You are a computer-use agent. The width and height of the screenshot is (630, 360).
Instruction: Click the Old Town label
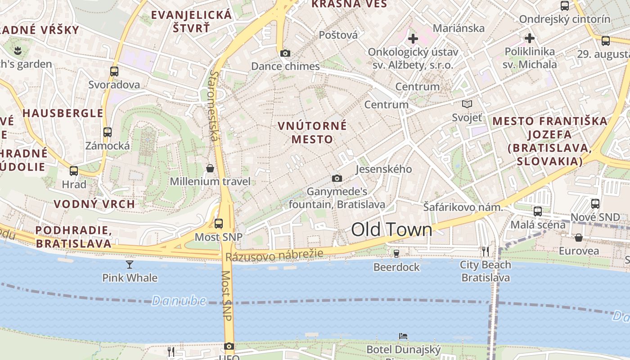pos(391,230)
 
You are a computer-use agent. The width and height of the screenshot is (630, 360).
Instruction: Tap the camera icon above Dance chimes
pos(285,54)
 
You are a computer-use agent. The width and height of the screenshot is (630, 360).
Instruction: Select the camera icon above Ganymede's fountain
pos(337,179)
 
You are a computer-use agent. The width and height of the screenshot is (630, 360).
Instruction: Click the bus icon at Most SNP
pos(219,223)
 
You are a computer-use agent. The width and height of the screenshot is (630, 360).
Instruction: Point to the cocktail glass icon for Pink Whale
pos(130,264)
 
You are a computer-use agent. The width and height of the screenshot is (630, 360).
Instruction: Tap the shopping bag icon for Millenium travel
pos(210,168)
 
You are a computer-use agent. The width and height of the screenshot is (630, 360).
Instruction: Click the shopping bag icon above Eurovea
pos(578,237)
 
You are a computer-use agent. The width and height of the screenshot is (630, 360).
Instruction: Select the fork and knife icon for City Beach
pos(485,251)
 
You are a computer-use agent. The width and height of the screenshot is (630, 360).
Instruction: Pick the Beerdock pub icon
pos(396,254)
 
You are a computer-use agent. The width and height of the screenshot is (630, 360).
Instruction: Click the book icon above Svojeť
pos(467,104)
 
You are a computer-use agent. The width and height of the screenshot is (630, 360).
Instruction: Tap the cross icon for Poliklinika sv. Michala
pos(530,38)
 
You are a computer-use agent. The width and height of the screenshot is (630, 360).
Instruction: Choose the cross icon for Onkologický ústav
pos(413,39)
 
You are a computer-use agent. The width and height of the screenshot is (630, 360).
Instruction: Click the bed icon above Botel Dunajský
pos(403,336)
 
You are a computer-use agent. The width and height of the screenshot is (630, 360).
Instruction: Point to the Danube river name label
pos(179,301)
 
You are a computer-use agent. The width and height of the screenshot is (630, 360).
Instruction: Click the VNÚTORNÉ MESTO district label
pos(312,132)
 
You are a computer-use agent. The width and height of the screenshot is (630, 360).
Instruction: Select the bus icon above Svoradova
pos(114,71)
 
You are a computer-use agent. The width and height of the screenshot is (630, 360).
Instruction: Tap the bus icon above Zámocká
pos(107,132)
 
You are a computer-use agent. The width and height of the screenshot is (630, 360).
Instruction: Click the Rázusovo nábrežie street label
pos(274,255)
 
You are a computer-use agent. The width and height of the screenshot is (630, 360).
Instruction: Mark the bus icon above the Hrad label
pos(74,171)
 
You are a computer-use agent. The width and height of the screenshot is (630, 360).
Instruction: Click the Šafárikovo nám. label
pos(463,207)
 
